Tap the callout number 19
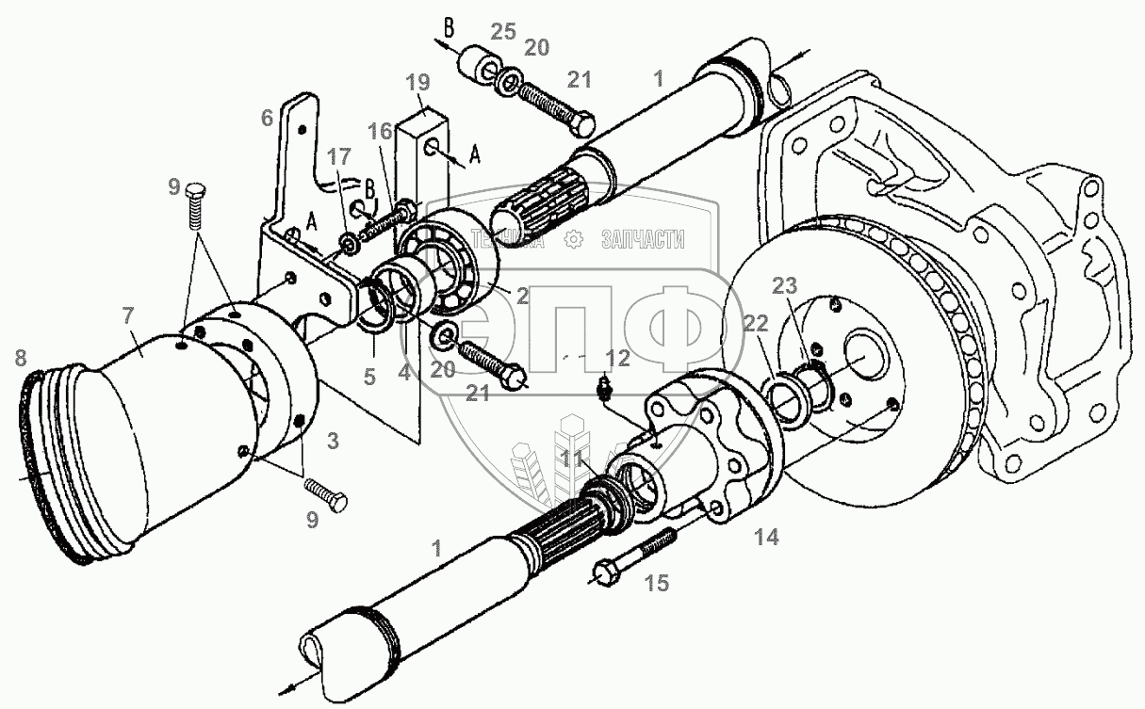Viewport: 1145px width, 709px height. (x=417, y=81)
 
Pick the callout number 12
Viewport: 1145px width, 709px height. (x=617, y=358)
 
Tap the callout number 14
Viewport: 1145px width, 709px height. (x=766, y=538)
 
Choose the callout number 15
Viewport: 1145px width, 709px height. (x=656, y=584)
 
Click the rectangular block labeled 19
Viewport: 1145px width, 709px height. (x=420, y=169)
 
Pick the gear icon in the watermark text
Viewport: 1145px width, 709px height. (x=571, y=241)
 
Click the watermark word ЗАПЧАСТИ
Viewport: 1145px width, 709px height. (x=643, y=241)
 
